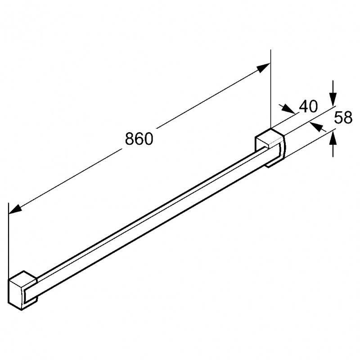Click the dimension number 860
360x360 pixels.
pos(139,139)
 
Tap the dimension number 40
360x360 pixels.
pos(309,107)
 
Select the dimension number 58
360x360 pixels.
pos(343,117)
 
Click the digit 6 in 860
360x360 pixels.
pos(139,139)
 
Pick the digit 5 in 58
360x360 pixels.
pos(338,117)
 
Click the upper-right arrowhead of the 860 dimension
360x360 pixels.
pos(263,68)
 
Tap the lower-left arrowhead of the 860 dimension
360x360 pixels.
pos(15,209)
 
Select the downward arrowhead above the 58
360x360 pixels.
pos(333,99)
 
